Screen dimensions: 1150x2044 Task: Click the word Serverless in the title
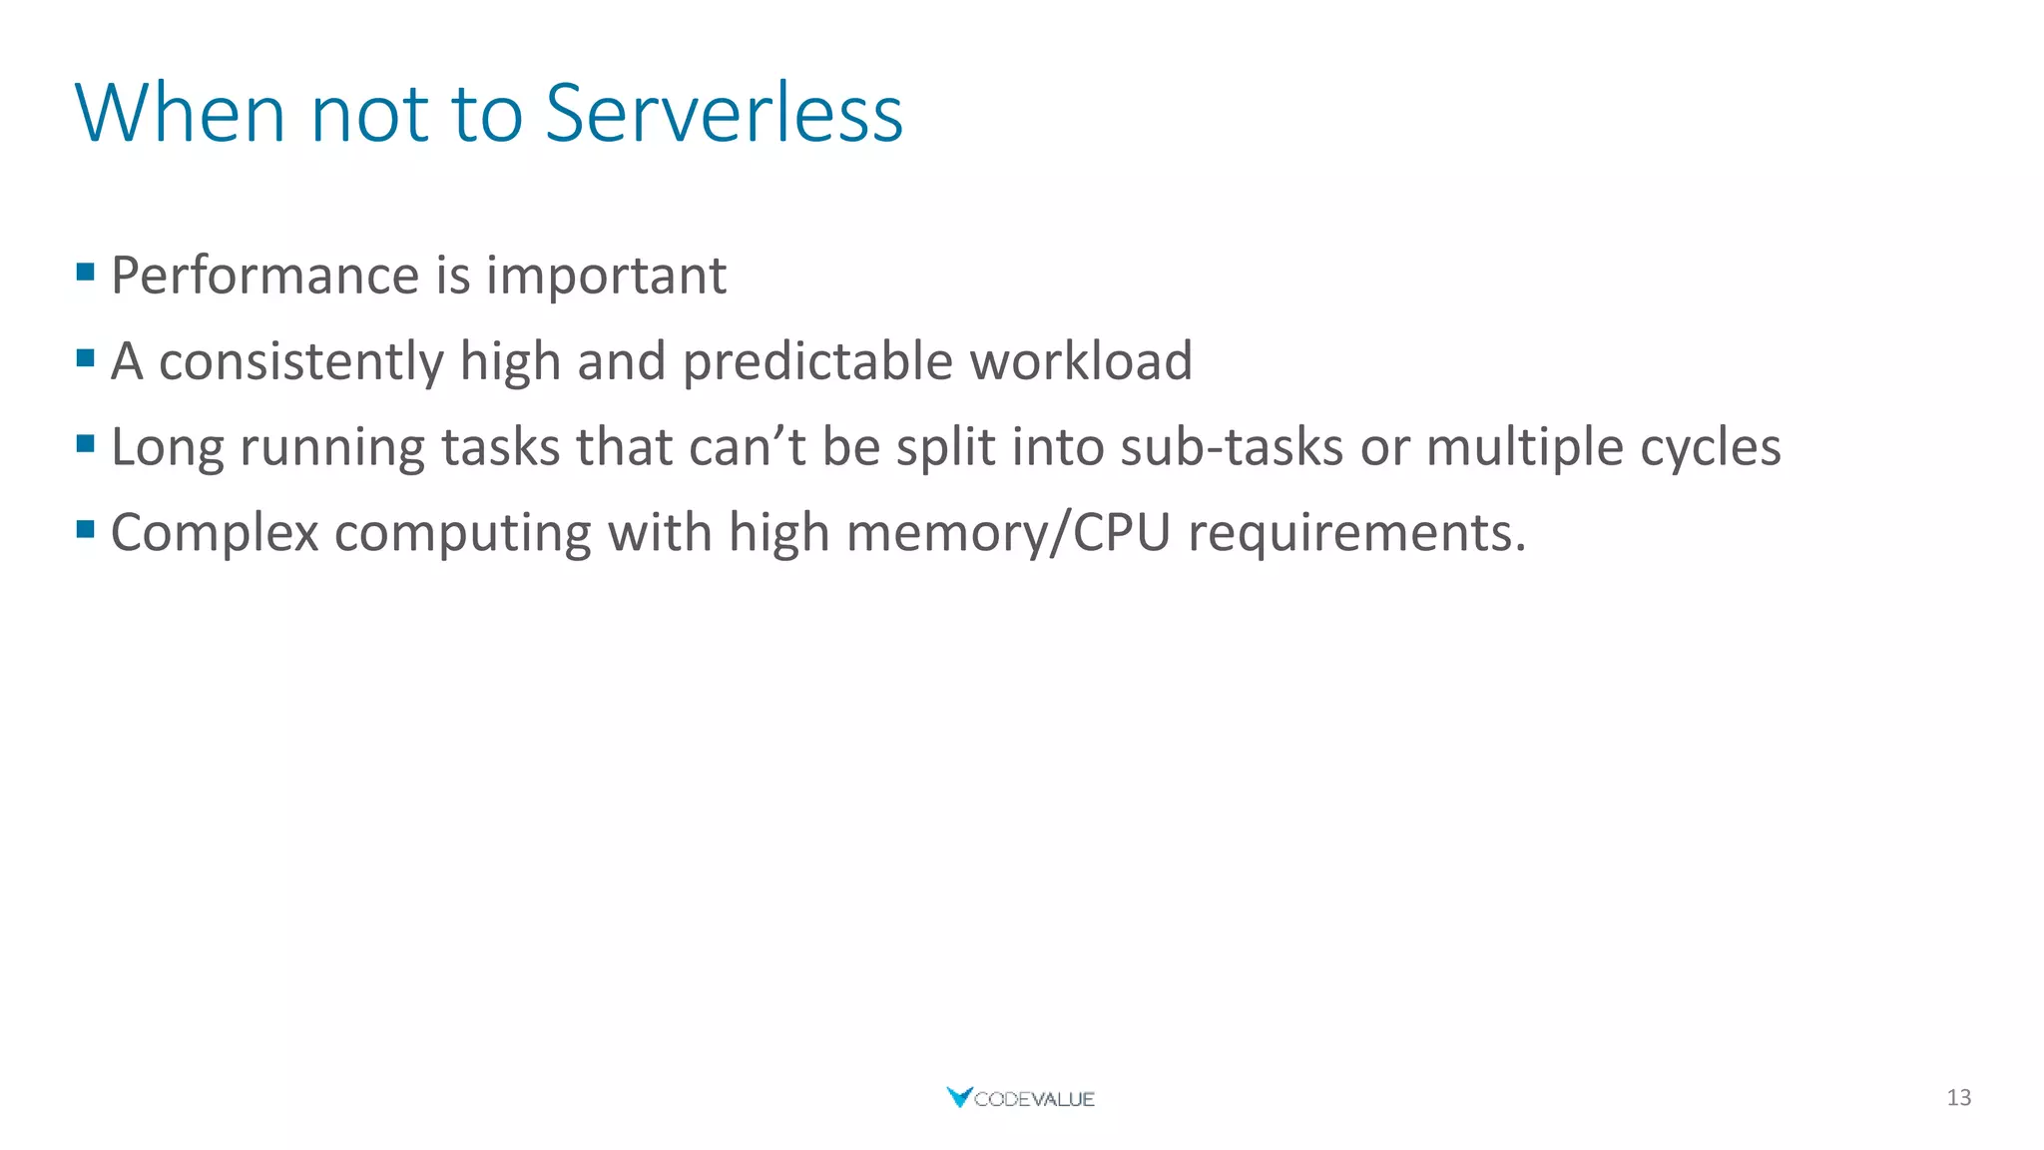click(x=724, y=113)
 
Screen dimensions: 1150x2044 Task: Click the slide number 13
click(x=1958, y=1098)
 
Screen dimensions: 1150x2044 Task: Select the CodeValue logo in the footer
click(x=1021, y=1098)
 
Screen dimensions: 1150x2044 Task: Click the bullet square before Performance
click(x=86, y=272)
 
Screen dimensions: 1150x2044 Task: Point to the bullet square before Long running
click(x=86, y=442)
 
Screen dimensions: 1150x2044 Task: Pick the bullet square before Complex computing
click(x=86, y=528)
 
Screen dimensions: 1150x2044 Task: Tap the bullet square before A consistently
click(x=86, y=357)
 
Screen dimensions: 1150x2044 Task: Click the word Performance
click(x=264, y=277)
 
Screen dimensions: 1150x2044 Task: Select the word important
click(x=606, y=277)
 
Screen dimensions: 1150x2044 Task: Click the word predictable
click(x=817, y=361)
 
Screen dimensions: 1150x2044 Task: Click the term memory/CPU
click(x=1008, y=533)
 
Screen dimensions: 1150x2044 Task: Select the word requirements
click(x=1356, y=533)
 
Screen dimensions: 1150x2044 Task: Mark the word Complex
click(x=215, y=533)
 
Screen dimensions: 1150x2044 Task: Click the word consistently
click(x=301, y=361)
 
